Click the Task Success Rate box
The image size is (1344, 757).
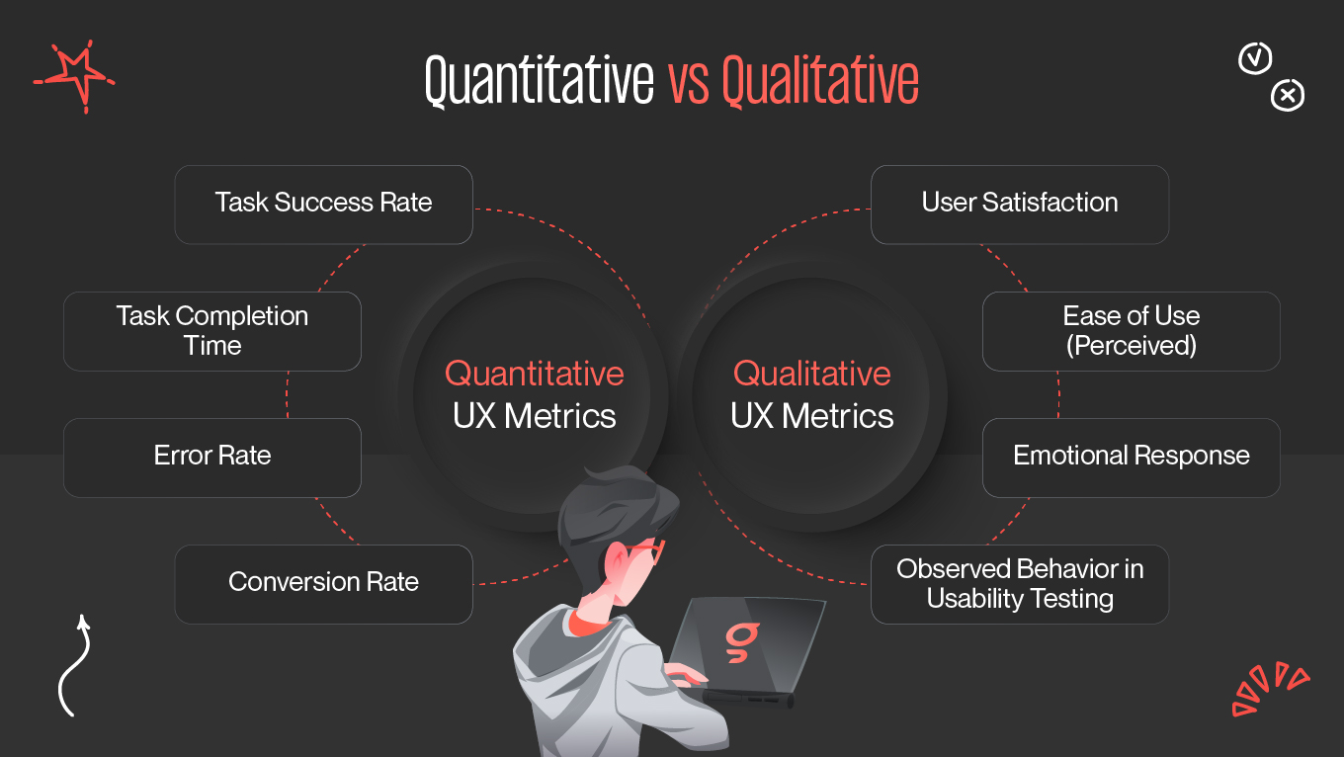click(x=323, y=204)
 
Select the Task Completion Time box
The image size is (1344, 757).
click(x=211, y=331)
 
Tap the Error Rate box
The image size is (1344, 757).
click(x=211, y=457)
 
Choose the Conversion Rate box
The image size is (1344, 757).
click(x=323, y=583)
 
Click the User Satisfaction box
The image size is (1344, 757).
click(x=1019, y=204)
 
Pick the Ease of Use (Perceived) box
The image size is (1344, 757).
click(x=1131, y=331)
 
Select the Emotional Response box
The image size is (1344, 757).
click(x=1131, y=457)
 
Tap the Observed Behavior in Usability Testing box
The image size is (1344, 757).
click(x=1019, y=583)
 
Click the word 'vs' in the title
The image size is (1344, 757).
click(x=688, y=81)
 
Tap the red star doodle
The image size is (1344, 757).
click(x=75, y=74)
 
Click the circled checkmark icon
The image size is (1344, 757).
click(x=1255, y=58)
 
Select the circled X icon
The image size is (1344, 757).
click(x=1287, y=96)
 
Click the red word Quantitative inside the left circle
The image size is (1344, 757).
click(x=534, y=374)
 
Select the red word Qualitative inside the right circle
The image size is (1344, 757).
click(x=811, y=374)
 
